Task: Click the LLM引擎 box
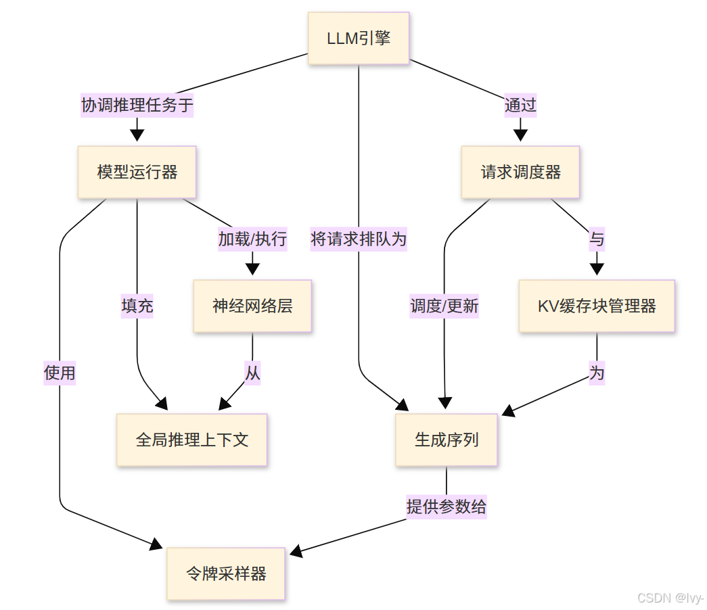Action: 359,38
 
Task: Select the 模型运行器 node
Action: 137,172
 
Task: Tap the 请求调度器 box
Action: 520,172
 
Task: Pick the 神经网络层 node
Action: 252,306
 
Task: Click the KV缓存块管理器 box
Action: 597,306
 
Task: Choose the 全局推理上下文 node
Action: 192,440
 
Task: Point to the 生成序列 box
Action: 447,440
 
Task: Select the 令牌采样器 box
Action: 226,573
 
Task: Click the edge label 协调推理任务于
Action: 137,105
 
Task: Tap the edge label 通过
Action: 520,105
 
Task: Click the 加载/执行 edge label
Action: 252,239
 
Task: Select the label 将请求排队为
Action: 359,239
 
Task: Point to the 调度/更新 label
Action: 444,306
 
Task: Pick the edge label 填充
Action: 137,306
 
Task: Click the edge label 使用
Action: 60,373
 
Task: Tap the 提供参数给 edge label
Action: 447,507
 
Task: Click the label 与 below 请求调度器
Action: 597,239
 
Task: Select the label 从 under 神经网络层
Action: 252,373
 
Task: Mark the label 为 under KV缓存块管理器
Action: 597,373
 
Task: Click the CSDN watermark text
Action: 670,598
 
